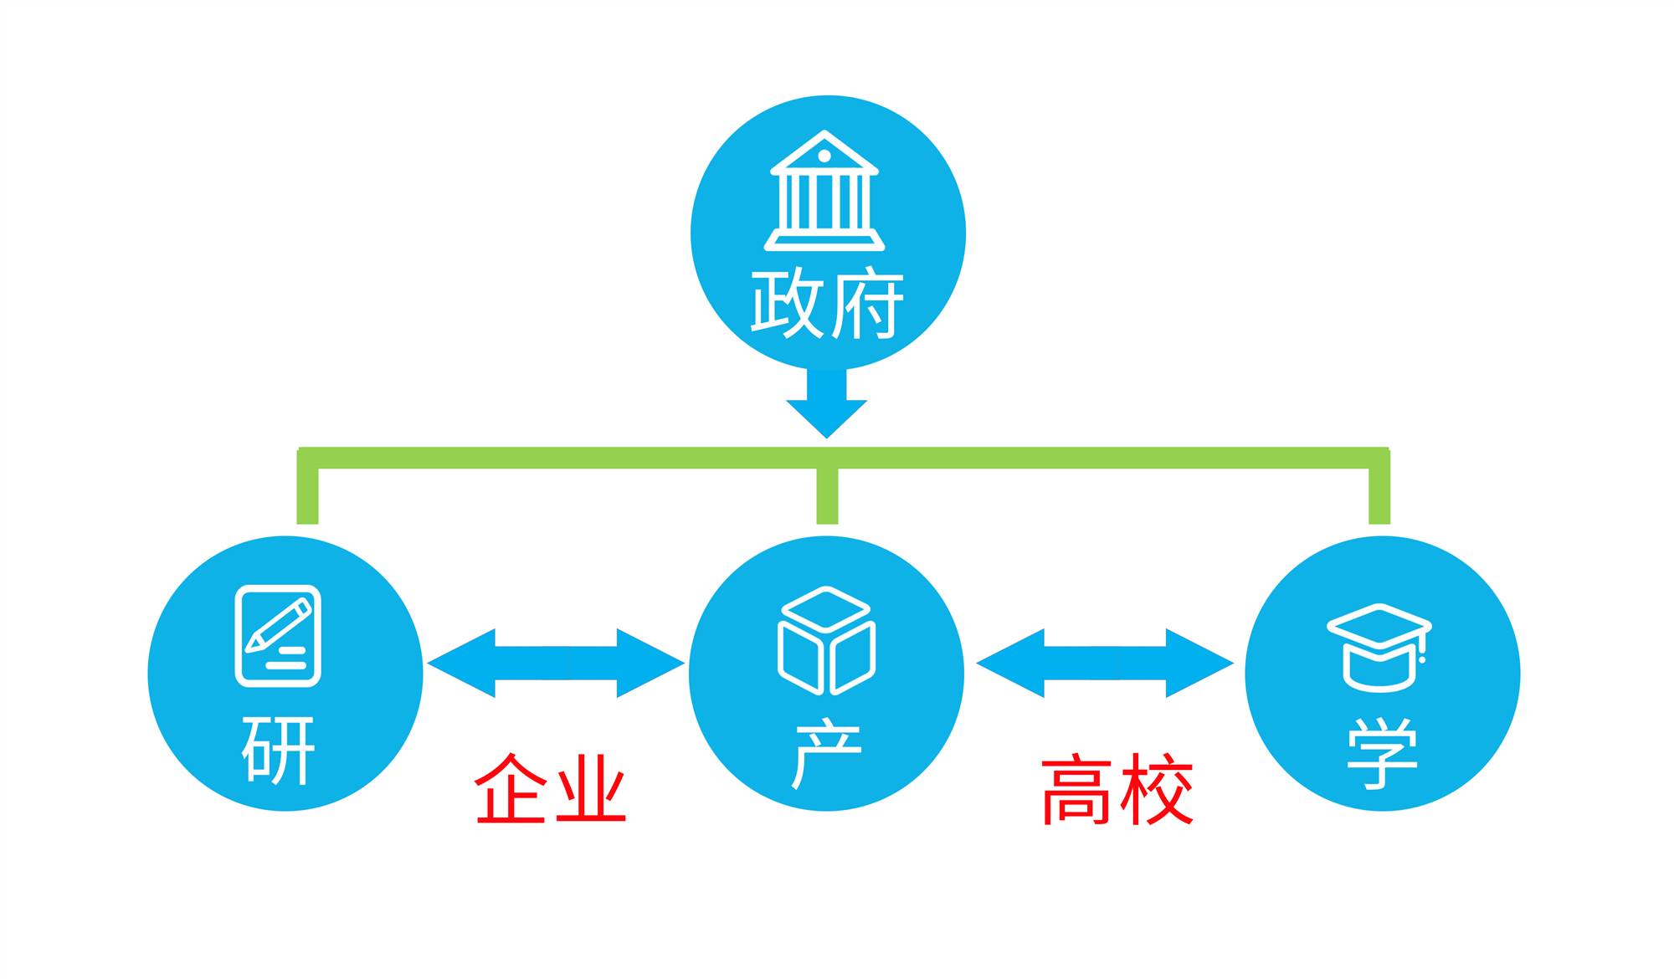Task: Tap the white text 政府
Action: (x=827, y=304)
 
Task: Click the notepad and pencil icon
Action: (x=278, y=636)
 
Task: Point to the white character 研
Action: (x=279, y=750)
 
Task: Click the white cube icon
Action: (x=826, y=640)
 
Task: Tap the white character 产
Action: (x=827, y=752)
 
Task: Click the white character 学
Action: (x=1382, y=753)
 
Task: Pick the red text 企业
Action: (x=551, y=788)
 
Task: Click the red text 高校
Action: (x=1117, y=789)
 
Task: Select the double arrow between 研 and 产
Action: (x=556, y=664)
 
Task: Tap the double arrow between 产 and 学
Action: (x=1105, y=664)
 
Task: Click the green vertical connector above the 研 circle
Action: (x=307, y=494)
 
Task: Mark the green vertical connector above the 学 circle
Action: (x=1379, y=494)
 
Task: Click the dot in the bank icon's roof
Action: (x=824, y=156)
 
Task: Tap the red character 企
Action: (x=511, y=788)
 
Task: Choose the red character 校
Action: (x=1158, y=789)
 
